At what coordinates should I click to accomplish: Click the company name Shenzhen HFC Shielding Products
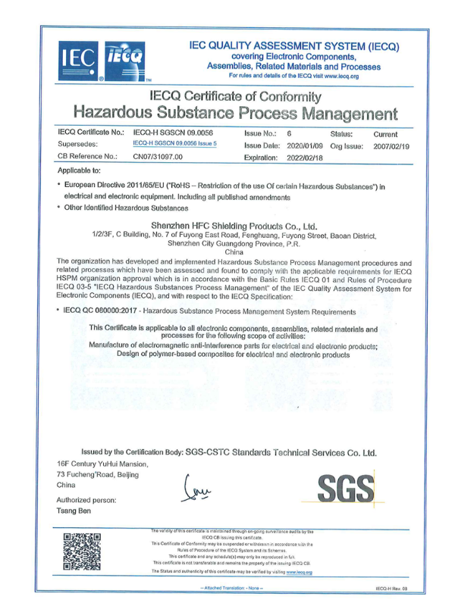[234, 225]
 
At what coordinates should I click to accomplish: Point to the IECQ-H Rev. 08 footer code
[391, 587]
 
